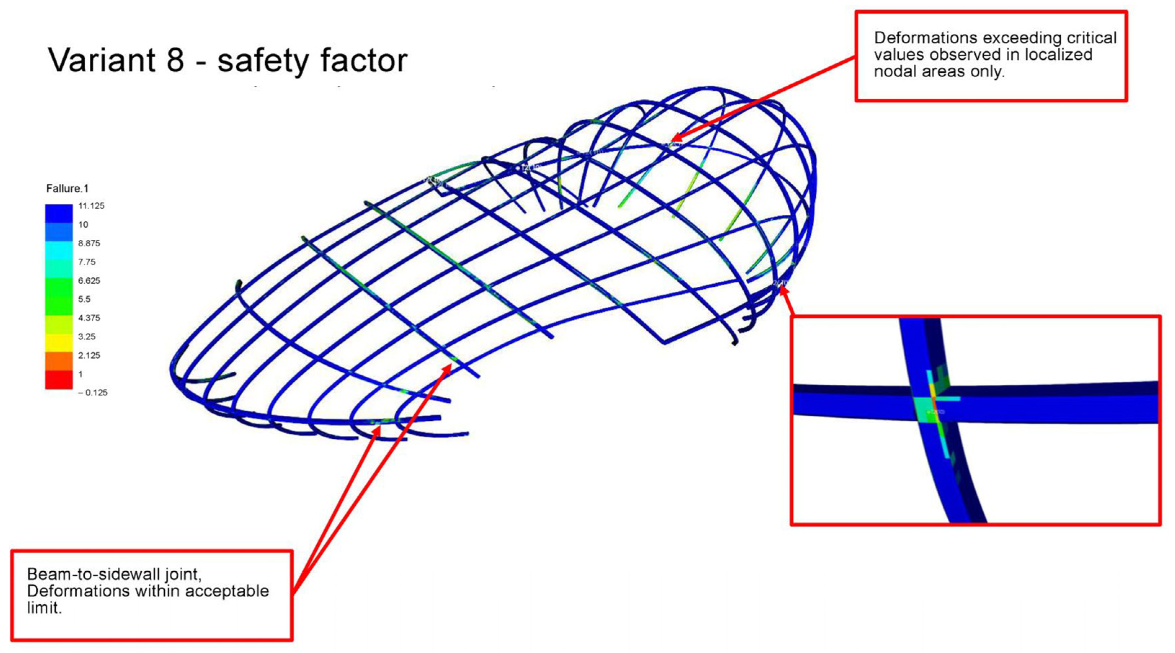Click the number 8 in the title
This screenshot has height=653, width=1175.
click(175, 60)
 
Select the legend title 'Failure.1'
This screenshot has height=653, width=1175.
click(67, 188)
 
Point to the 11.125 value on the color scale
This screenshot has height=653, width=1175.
click(91, 206)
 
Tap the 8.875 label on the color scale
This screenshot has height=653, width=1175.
click(89, 243)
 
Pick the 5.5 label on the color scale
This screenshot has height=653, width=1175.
click(84, 299)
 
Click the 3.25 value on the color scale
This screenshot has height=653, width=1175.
click(87, 336)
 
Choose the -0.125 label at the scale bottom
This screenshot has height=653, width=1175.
click(93, 393)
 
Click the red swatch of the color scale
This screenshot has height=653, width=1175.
click(58, 379)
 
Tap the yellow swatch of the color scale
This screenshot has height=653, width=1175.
click(58, 342)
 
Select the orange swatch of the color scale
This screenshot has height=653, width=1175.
click(58, 361)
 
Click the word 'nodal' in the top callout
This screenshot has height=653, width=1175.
click(897, 72)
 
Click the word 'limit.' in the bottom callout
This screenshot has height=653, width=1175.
click(44, 608)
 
